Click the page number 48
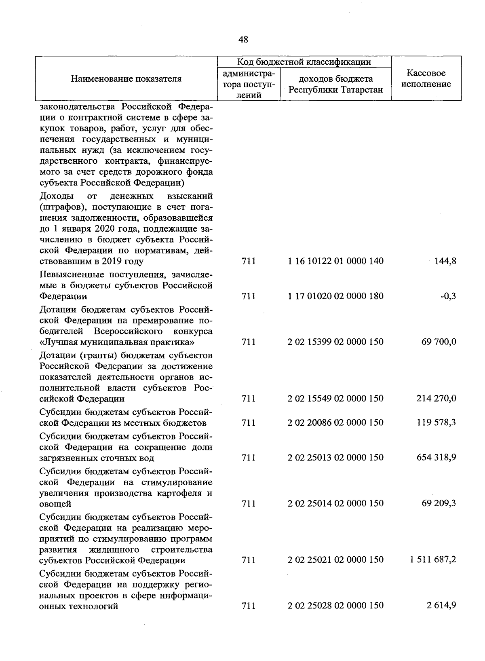243,40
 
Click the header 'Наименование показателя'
126,79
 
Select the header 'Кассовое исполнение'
426,79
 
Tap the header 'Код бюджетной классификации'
304,62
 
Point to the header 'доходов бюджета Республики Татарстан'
335,84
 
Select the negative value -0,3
449,296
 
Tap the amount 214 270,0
436,399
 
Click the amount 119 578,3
436,423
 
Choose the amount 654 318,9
436,458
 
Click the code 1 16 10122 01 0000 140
335,261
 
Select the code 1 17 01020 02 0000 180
335,296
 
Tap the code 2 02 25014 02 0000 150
335,504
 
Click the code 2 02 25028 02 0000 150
335,606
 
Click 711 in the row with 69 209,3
248,504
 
